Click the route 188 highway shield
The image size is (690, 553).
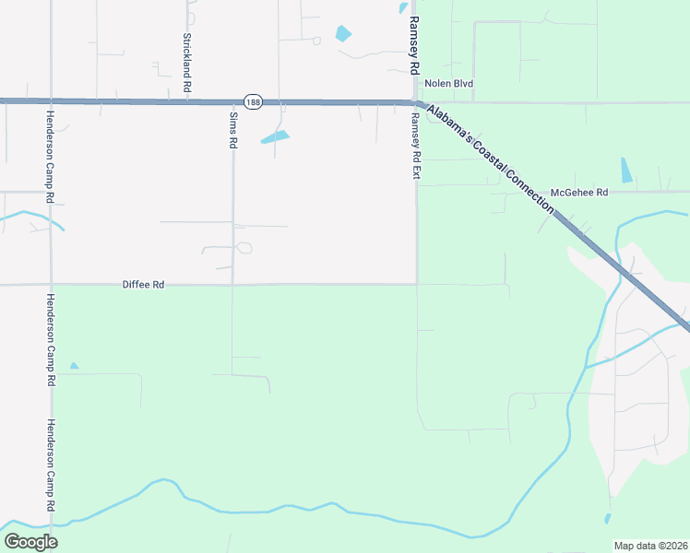[x=253, y=100]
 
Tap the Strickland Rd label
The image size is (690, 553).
[x=186, y=62]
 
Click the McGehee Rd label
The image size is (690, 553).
[x=579, y=193]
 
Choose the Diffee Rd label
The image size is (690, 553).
[x=143, y=285]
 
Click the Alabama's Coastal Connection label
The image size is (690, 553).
[x=490, y=157]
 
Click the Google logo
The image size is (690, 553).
[x=31, y=542]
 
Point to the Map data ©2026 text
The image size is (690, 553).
[x=650, y=546]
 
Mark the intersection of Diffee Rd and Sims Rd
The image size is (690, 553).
[x=232, y=285]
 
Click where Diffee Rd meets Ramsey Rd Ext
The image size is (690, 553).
[x=416, y=284]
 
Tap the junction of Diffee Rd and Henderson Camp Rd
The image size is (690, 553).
[x=51, y=285]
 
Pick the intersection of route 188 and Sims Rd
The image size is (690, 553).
[x=232, y=101]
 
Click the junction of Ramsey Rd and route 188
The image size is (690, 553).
[x=414, y=101]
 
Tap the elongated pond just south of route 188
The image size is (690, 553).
[x=275, y=138]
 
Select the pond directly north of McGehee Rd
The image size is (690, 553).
[x=627, y=170]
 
